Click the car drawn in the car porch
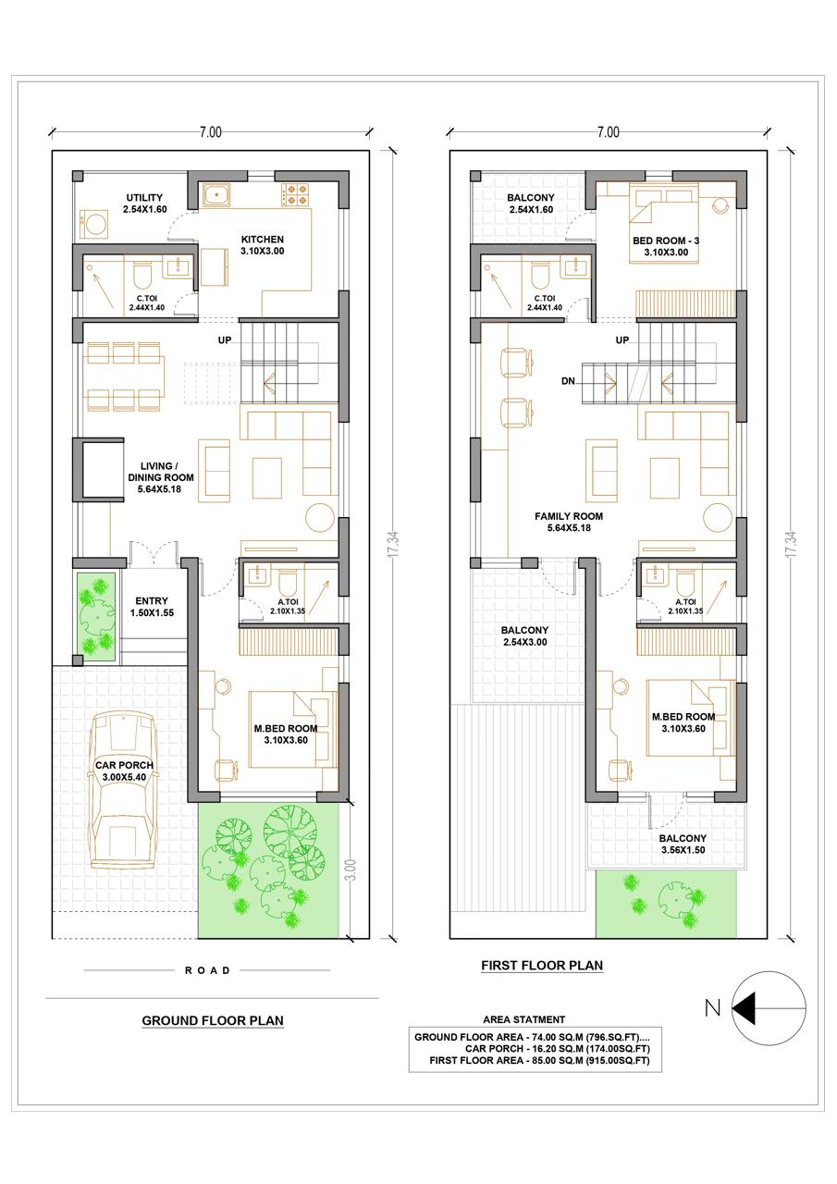(124, 790)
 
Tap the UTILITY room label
(144, 198)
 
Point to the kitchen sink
(216, 194)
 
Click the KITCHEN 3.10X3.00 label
(262, 245)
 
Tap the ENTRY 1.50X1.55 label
(152, 607)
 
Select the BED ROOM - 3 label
(666, 240)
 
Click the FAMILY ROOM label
(569, 516)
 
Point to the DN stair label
(568, 380)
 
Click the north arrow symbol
(769, 1008)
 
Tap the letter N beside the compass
(713, 1008)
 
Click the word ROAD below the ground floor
(208, 970)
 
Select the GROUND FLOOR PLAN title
(213, 1020)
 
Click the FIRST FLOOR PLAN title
(542, 966)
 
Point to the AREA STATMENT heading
(523, 1019)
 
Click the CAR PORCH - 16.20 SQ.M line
(558, 1049)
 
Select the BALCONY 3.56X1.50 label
(683, 845)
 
